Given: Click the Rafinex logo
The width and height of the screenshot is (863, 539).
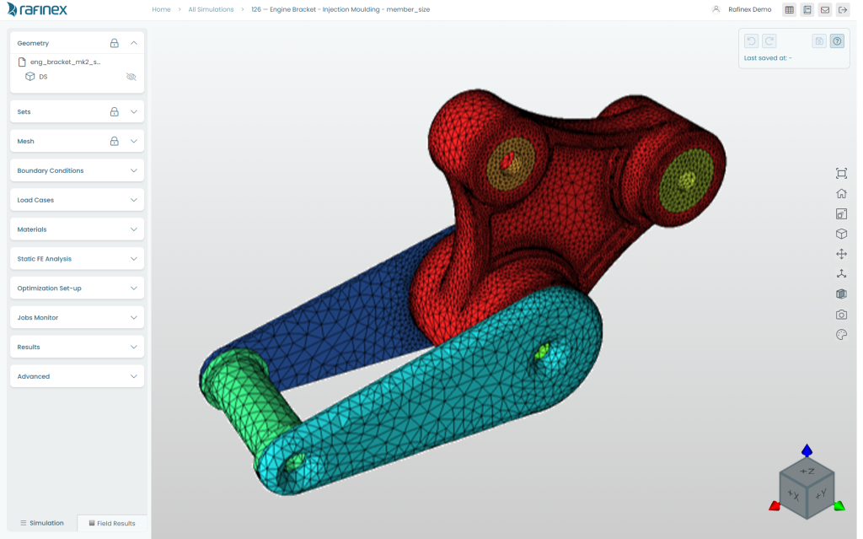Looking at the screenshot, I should click(x=37, y=10).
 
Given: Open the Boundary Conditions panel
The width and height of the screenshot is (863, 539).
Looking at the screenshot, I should click(x=77, y=170).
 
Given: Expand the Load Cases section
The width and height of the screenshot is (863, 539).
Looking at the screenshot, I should click(x=77, y=200).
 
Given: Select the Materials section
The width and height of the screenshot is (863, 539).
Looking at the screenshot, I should click(x=77, y=229).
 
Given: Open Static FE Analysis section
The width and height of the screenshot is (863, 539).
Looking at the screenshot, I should click(x=77, y=259).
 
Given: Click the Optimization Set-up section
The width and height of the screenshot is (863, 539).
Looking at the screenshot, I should click(x=77, y=288).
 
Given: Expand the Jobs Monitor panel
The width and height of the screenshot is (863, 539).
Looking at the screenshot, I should click(x=77, y=318).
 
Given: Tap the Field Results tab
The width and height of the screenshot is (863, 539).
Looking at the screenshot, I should click(x=112, y=523).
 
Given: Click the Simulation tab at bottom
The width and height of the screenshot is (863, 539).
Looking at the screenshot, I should click(x=42, y=523).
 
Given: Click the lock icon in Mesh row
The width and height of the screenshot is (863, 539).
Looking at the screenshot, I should click(x=114, y=141).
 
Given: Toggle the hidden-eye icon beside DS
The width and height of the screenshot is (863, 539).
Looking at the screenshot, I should click(x=131, y=77).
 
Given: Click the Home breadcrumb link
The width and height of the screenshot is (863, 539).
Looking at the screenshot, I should click(x=161, y=9).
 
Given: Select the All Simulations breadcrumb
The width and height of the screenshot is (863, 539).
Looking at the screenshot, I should click(x=211, y=9).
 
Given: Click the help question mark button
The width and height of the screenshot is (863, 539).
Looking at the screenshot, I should click(x=837, y=40).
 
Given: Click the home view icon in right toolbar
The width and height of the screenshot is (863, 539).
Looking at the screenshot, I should click(x=841, y=193).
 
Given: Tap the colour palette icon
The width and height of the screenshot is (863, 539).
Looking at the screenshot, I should click(x=841, y=335).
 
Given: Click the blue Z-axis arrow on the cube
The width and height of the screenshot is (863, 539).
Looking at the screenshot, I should click(x=807, y=450).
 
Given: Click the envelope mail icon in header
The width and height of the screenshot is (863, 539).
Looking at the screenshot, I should click(x=825, y=10).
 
